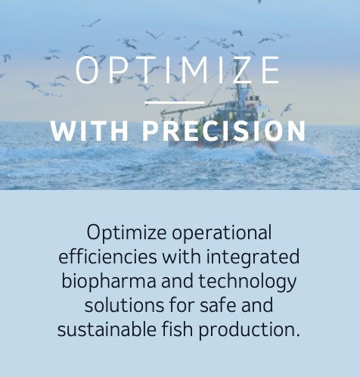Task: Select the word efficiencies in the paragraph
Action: pos(103,257)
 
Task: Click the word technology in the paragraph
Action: pos(246,282)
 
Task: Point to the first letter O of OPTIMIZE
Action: pos(88,71)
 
